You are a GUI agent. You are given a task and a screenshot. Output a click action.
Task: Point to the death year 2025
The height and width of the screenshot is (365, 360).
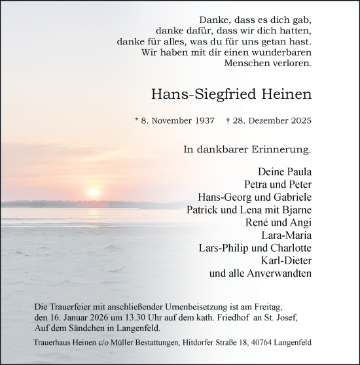click(x=298, y=120)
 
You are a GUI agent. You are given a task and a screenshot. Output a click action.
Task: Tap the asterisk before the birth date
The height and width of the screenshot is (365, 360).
click(x=137, y=120)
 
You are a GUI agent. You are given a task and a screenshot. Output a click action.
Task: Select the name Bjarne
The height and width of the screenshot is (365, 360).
click(x=294, y=210)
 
